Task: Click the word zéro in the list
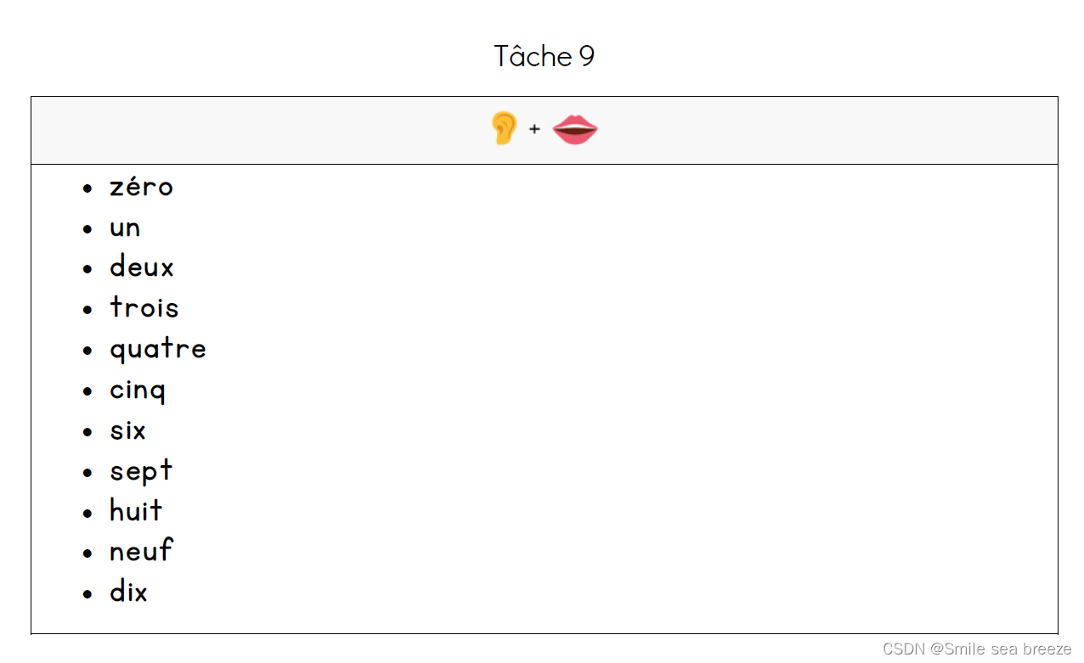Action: click(141, 187)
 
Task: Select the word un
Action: click(125, 228)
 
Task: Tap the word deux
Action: click(141, 267)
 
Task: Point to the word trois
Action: click(144, 307)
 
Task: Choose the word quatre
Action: click(158, 349)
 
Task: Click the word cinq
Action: click(138, 390)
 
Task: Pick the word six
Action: click(127, 430)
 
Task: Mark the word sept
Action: click(141, 471)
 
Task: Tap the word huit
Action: click(136, 511)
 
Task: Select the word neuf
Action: click(141, 552)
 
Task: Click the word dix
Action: click(128, 592)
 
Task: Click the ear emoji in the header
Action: click(504, 129)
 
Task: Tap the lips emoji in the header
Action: click(575, 130)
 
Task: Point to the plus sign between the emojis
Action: click(534, 129)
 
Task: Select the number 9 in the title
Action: click(587, 57)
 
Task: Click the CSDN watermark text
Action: click(977, 649)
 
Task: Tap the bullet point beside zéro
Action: click(88, 188)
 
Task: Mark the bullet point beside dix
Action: click(88, 593)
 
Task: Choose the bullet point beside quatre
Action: click(88, 351)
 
